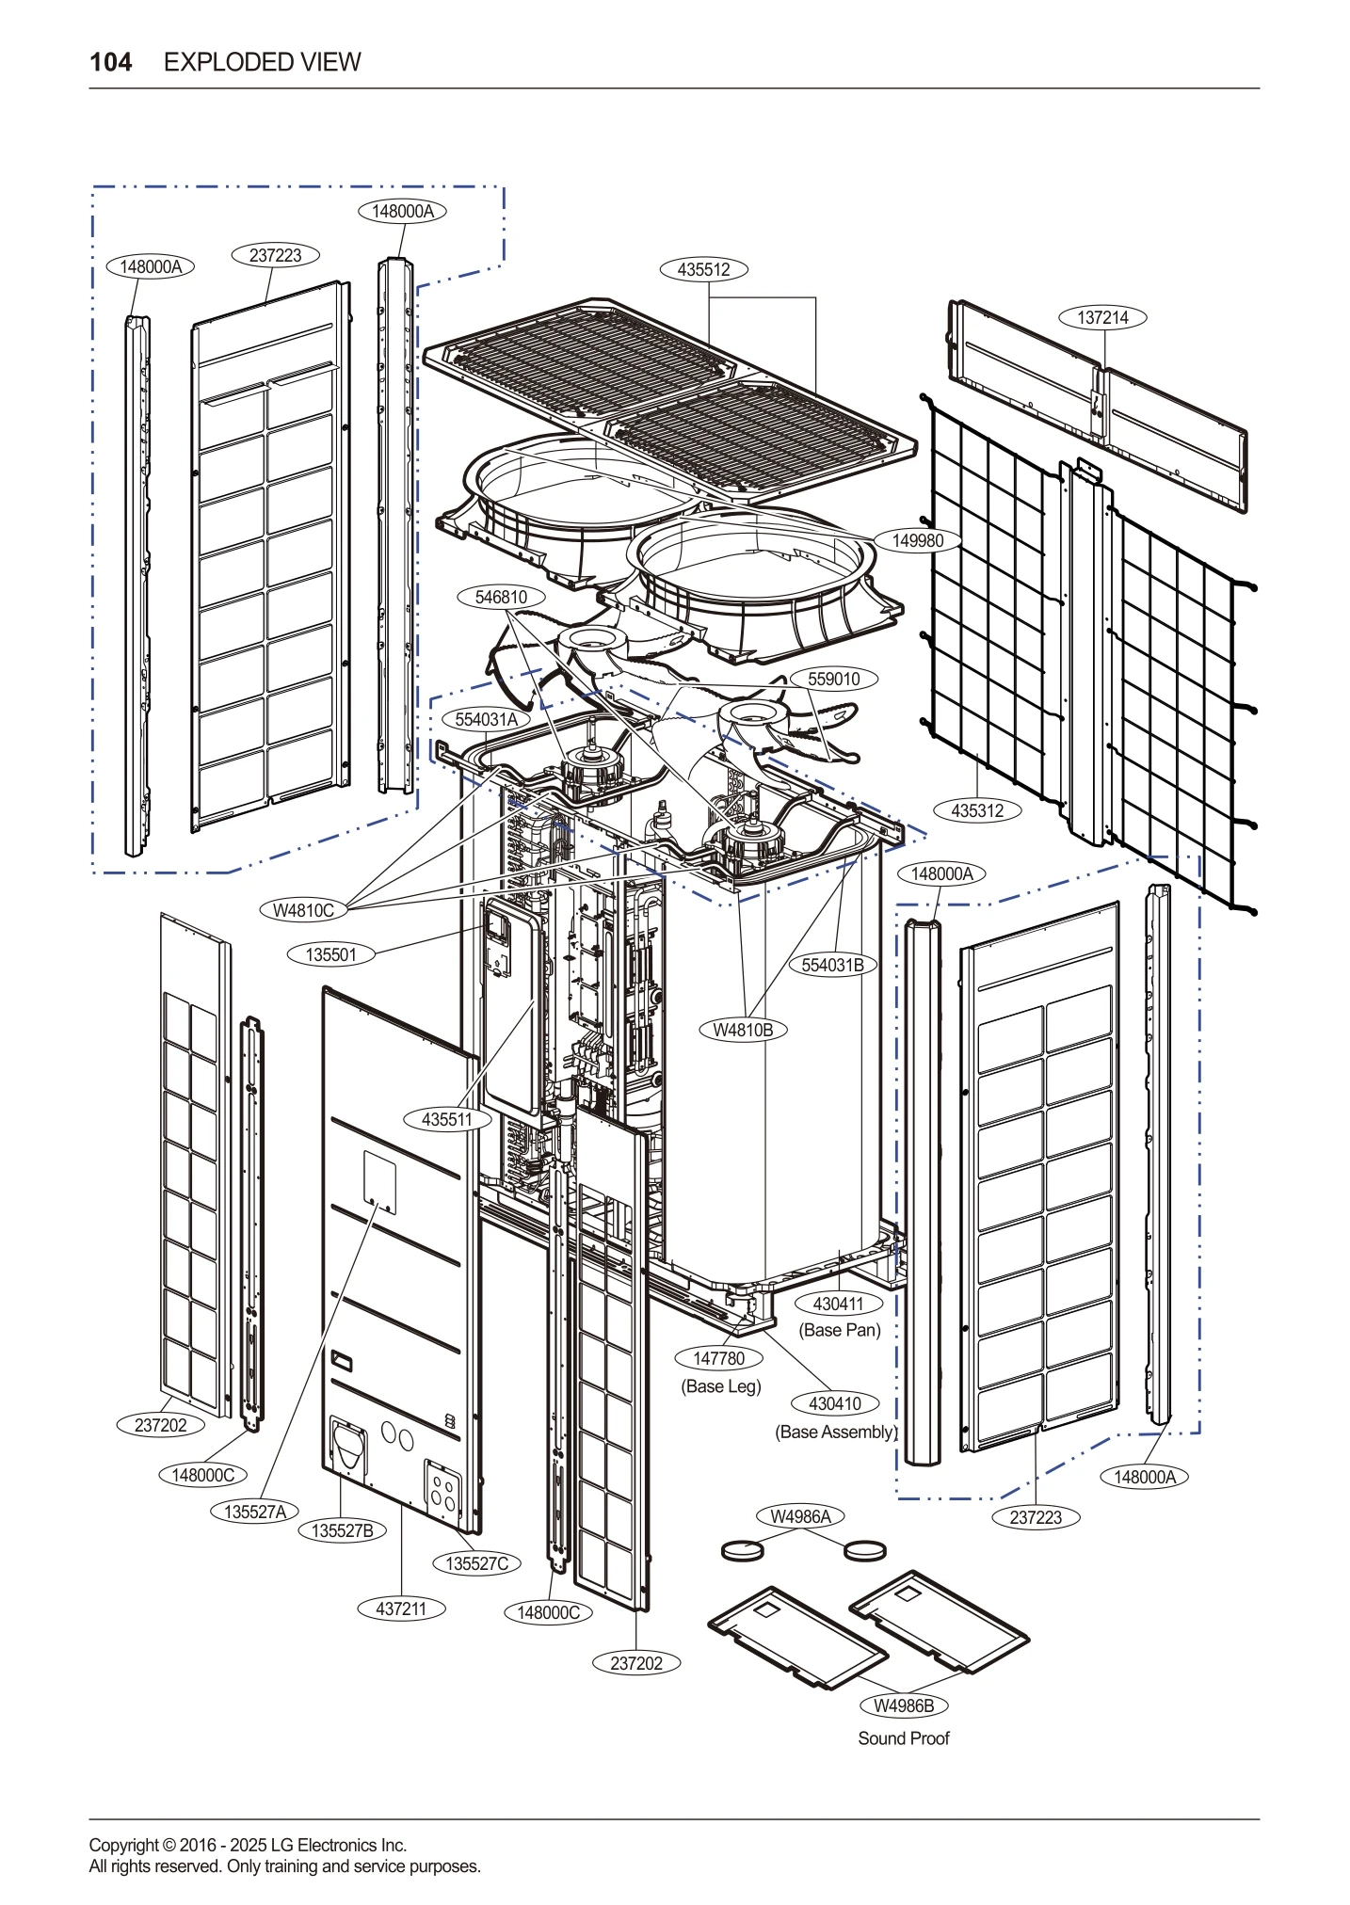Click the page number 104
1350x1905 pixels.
point(111,62)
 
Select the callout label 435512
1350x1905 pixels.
point(703,270)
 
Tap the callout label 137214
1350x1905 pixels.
point(1102,318)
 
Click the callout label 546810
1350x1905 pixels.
point(501,598)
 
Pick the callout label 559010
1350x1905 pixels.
point(833,680)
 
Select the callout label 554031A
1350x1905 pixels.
point(486,720)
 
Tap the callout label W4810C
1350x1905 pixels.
point(303,910)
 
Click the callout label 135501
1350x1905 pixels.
point(331,955)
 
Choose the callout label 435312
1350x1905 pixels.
point(977,810)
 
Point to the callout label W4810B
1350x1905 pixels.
point(743,1031)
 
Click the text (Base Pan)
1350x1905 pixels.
point(840,1330)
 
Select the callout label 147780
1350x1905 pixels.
point(719,1359)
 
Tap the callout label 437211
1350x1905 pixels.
point(401,1609)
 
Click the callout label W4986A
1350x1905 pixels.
point(801,1516)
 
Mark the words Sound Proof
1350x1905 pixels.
point(903,1738)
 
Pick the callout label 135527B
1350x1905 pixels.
point(343,1531)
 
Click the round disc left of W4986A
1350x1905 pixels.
point(742,1548)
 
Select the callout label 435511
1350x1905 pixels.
point(448,1120)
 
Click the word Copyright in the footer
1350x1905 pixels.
point(123,1845)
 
